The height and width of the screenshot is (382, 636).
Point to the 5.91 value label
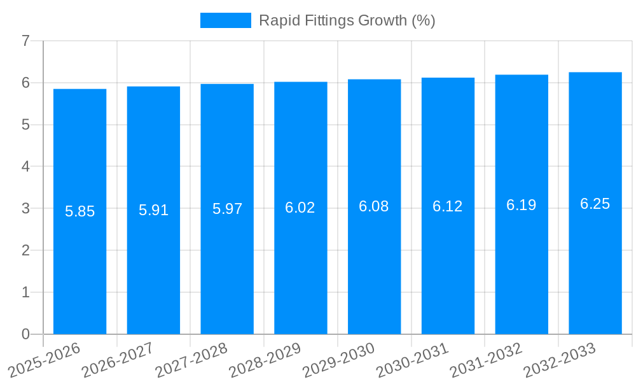[153, 210]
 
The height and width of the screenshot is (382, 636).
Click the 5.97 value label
[227, 209]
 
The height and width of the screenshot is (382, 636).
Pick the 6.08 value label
[374, 206]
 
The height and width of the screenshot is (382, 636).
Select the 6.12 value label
[448, 206]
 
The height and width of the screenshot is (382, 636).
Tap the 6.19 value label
[522, 205]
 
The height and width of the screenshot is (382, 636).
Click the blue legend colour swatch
[226, 20]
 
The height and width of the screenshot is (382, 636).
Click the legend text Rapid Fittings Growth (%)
[347, 20]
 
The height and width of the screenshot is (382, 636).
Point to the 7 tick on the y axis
[25, 41]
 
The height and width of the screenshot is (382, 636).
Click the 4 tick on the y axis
[25, 167]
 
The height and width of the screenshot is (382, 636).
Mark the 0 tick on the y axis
[25, 334]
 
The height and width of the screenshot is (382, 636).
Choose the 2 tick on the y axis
[25, 250]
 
